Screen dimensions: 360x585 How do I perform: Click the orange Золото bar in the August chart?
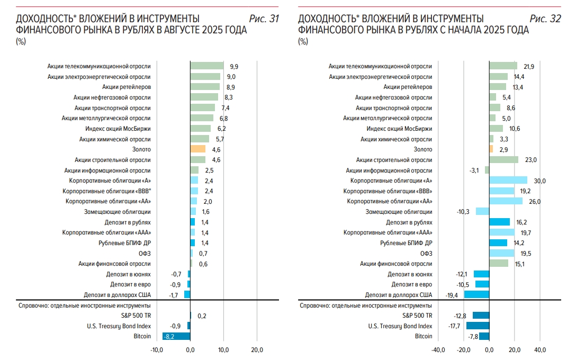[x=197, y=149]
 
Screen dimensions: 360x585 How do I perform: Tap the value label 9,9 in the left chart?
[x=234, y=67]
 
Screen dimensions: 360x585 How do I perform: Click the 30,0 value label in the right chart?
[x=539, y=181]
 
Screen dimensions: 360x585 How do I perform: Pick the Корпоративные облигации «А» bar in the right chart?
[x=508, y=181]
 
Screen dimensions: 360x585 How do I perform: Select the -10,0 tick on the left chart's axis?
[x=157, y=350]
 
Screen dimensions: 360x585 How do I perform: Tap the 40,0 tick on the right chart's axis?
[x=539, y=350]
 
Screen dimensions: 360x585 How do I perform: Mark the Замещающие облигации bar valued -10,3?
[x=482, y=211]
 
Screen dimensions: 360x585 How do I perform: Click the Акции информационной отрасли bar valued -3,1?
[x=487, y=170]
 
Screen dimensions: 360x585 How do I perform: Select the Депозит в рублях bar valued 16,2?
[x=499, y=222]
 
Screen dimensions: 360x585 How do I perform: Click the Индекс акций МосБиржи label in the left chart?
[x=118, y=129]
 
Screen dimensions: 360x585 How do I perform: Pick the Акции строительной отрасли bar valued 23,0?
[x=503, y=160]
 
